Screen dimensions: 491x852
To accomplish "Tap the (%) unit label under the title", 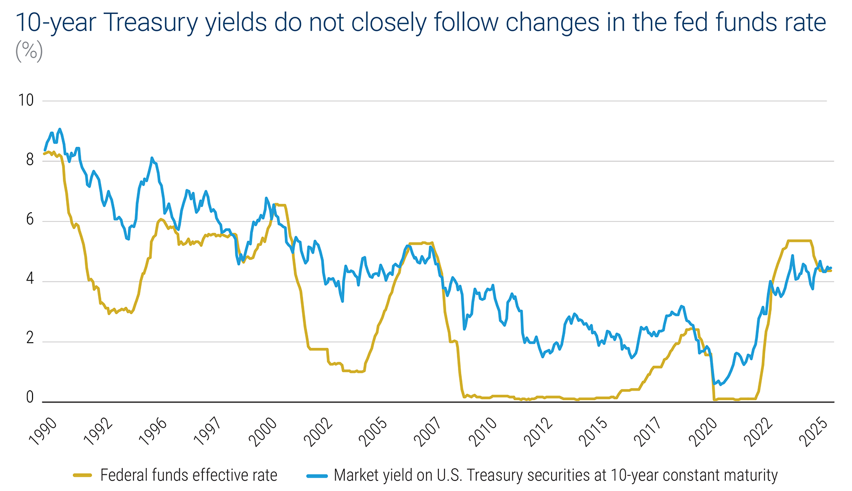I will [29, 52].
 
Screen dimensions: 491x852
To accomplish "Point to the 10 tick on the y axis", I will [26, 101].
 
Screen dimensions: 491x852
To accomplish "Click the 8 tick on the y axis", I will [30, 161].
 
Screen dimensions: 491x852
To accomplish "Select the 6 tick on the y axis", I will [30, 221].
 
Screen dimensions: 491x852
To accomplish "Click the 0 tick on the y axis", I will [30, 398].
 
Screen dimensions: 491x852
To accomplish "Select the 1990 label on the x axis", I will [43, 432].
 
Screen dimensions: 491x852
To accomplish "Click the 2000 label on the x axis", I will [263, 432].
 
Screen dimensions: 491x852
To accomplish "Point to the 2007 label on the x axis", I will [428, 432].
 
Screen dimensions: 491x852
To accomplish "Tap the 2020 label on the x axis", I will [703, 432].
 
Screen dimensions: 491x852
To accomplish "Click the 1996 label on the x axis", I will [153, 432].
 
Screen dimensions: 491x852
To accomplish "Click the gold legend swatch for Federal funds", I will [82, 476].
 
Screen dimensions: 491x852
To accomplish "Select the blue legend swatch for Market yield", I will [316, 476].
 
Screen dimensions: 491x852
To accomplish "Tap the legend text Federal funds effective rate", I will [189, 476].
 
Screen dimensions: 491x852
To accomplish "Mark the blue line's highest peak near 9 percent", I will [59, 129].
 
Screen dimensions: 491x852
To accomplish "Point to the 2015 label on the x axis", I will [594, 432].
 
